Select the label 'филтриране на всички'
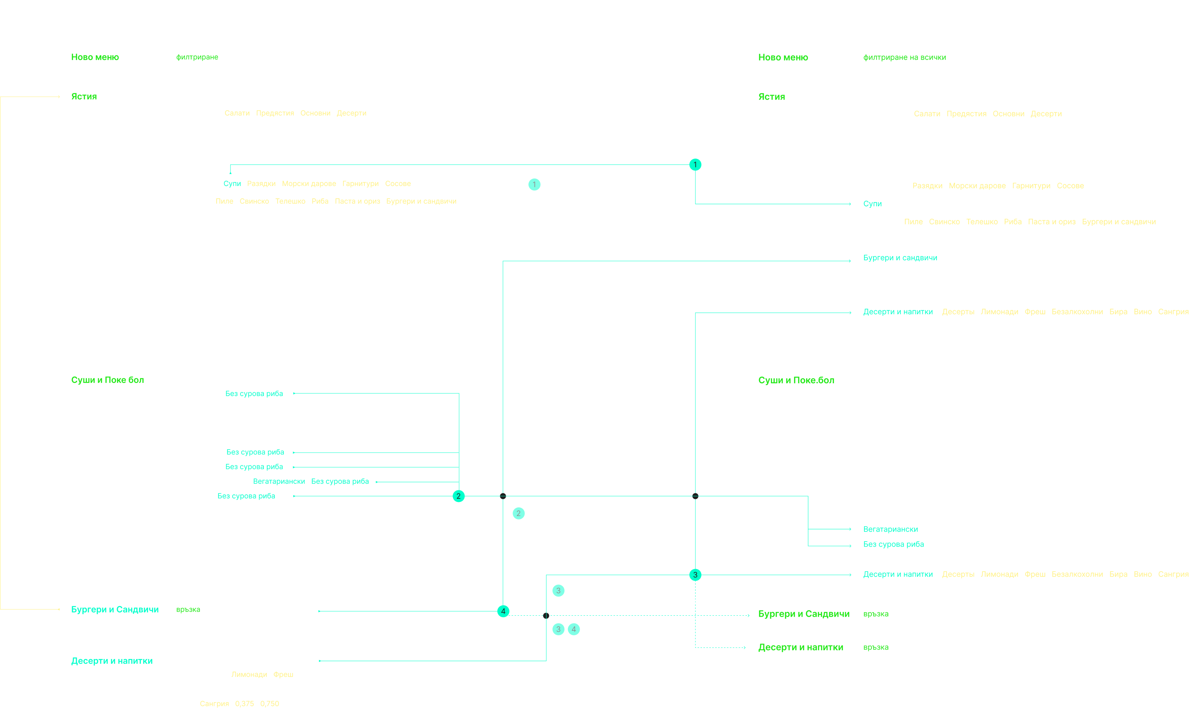click(904, 57)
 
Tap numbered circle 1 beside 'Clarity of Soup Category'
click(534, 185)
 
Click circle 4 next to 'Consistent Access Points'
click(574, 629)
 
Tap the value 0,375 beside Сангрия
click(244, 704)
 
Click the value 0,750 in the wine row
click(270, 704)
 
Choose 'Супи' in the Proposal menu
click(872, 204)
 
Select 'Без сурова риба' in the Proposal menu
click(893, 544)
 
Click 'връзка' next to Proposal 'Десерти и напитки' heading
click(875, 647)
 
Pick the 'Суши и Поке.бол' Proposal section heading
click(796, 380)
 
